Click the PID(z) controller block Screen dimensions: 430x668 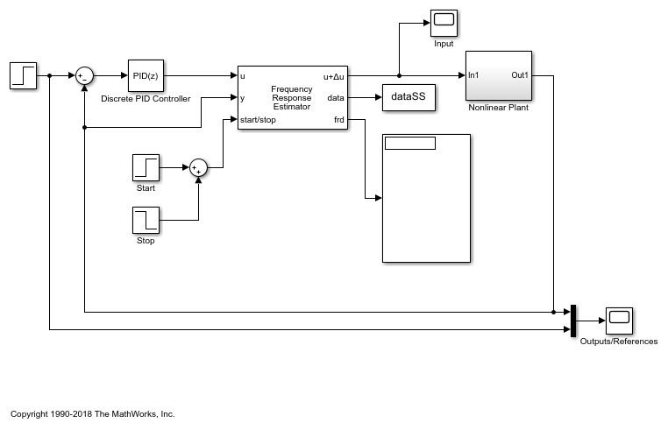pyautogui.click(x=146, y=75)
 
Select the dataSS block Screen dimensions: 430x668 pyautogui.click(x=408, y=97)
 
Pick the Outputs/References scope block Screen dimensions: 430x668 pyautogui.click(x=619, y=321)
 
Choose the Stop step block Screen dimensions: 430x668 pyautogui.click(x=146, y=220)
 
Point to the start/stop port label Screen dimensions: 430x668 pyautogui.click(x=259, y=120)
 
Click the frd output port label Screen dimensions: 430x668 pyautogui.click(x=338, y=120)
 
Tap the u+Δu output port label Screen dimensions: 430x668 pyautogui.click(x=334, y=76)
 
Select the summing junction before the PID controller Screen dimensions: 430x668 pyautogui.click(x=84, y=76)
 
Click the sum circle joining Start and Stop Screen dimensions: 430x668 pyautogui.click(x=198, y=166)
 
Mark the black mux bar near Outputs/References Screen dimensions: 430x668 pyautogui.click(x=572, y=321)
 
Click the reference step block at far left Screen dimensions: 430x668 pyautogui.click(x=23, y=75)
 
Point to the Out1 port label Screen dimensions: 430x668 pyautogui.click(x=520, y=75)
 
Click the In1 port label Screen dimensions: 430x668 pyautogui.click(x=473, y=75)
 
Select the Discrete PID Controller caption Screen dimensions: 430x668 pyautogui.click(x=146, y=99)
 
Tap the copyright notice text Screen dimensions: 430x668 pyautogui.click(x=93, y=413)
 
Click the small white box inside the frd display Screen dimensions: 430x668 pyautogui.click(x=409, y=144)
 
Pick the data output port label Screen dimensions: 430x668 pyautogui.click(x=336, y=98)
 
